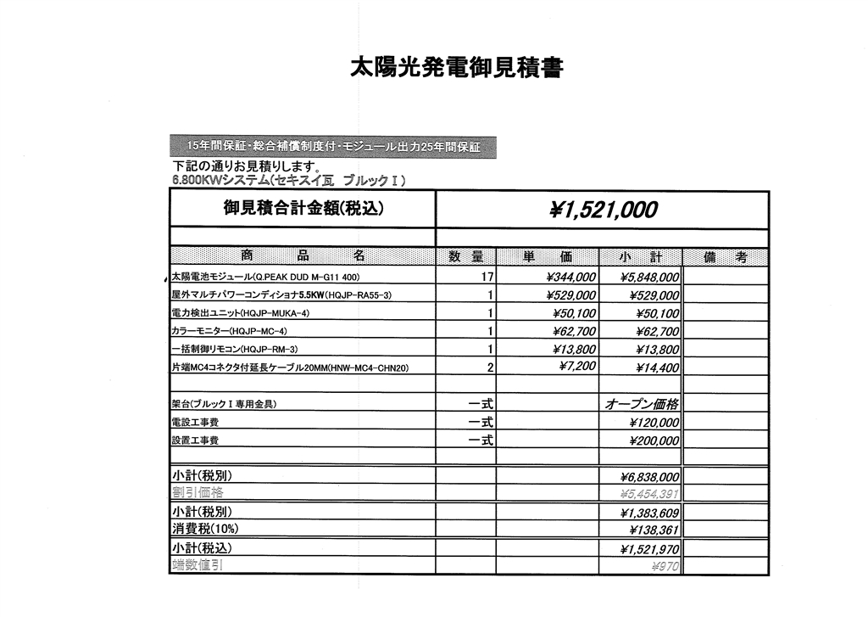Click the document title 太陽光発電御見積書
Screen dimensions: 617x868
tap(455, 67)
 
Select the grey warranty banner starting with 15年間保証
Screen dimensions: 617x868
tap(332, 147)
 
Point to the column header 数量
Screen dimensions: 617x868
tap(465, 257)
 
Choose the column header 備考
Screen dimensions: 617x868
tap(725, 257)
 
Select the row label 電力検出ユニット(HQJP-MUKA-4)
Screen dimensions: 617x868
tap(241, 313)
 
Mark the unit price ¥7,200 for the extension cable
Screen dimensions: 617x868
tap(577, 366)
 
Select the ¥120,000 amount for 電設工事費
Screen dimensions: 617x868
tap(654, 423)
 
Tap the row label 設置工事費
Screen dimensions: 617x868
tap(195, 440)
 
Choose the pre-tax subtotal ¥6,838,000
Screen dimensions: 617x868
tap(649, 477)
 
